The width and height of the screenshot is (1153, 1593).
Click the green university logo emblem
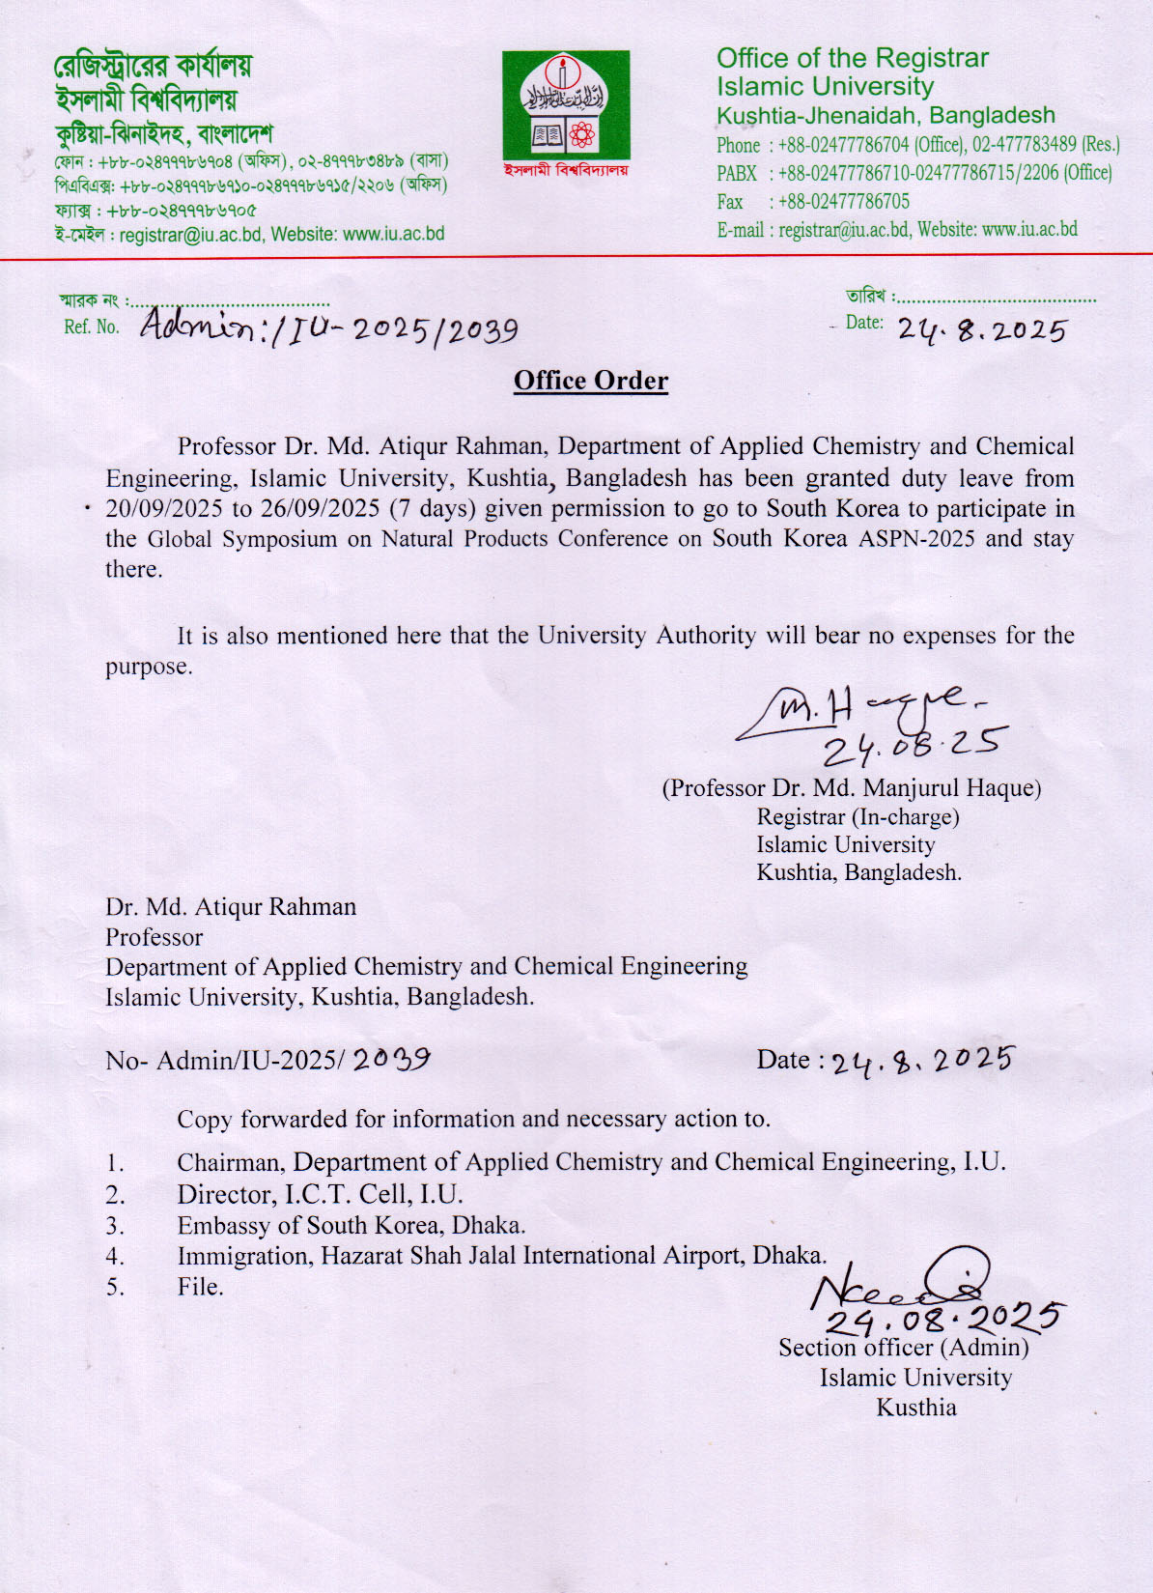coord(566,105)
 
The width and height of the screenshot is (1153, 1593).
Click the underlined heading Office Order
coord(590,381)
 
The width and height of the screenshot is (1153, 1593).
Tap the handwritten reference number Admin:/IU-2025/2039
coord(329,327)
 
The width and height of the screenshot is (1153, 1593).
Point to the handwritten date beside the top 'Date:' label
coord(981,330)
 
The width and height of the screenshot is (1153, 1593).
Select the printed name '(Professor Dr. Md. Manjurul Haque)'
coord(851,788)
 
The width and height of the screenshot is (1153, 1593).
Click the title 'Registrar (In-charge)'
coord(858,817)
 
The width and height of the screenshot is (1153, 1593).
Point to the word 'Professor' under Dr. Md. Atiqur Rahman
coord(155,937)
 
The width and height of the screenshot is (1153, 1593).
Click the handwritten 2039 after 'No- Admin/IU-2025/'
coord(391,1060)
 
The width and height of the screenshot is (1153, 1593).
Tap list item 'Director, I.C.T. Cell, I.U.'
coord(320,1195)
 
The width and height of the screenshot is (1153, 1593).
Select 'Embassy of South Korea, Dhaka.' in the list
coord(351,1226)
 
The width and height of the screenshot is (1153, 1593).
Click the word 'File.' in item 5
coord(200,1287)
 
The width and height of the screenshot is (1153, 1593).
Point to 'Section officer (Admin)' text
coord(903,1348)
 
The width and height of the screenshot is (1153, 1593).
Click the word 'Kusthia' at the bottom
coord(915,1408)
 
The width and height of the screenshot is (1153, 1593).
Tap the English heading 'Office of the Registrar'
coord(852,59)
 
